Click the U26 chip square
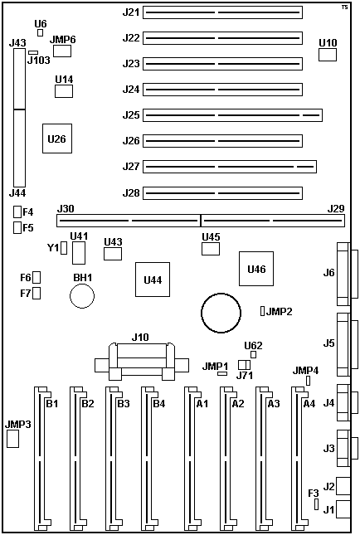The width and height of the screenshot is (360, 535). coord(57,139)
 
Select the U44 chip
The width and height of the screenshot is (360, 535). coord(153,280)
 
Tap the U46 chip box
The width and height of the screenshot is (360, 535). coord(256,269)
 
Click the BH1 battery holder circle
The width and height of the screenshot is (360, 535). coord(82,296)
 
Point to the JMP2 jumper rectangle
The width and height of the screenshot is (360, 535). coord(262,311)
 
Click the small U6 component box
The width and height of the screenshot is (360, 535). coord(41,32)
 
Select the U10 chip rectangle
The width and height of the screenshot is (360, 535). coord(328,55)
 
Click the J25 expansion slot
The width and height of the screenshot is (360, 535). coord(232,115)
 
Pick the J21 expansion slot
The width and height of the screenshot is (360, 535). coord(222,12)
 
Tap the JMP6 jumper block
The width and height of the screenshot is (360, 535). coord(62,51)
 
